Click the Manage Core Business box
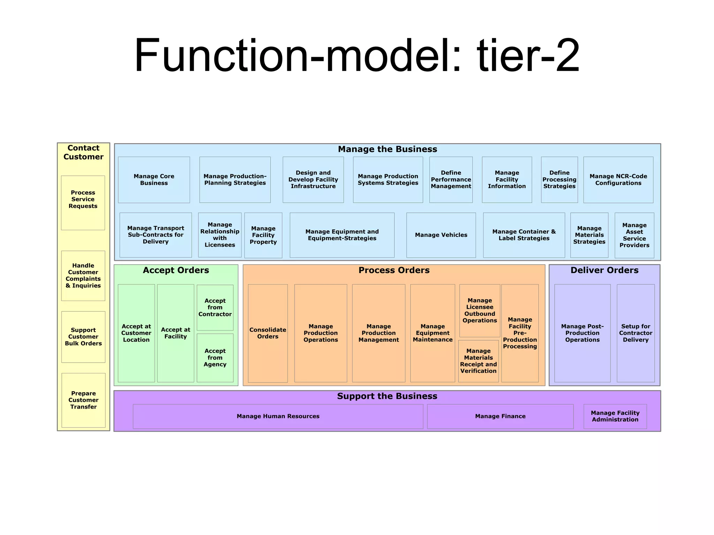click(154, 180)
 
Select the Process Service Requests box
click(83, 202)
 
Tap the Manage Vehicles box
click(441, 235)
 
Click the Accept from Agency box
click(215, 358)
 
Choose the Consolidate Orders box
click(268, 333)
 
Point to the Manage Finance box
click(500, 416)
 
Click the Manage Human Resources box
click(278, 416)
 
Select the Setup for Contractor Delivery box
click(636, 333)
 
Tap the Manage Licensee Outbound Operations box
click(480, 310)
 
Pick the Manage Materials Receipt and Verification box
click(478, 361)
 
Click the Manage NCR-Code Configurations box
click(618, 180)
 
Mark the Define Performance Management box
click(451, 180)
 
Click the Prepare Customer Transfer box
click(83, 400)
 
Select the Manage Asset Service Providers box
click(634, 235)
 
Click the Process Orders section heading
click(394, 270)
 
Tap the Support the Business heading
click(387, 396)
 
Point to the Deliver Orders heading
click(604, 270)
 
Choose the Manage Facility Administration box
click(615, 416)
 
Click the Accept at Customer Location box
click(136, 333)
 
